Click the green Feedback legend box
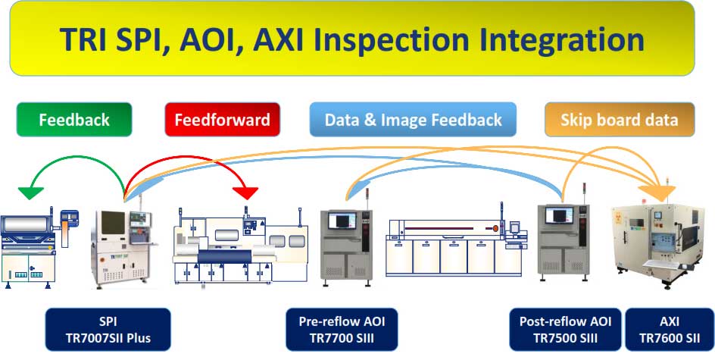74,120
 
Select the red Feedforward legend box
223,120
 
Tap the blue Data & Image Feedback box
413,120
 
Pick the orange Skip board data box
620,120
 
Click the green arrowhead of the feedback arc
30,193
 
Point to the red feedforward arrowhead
245,193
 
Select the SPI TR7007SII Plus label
108,330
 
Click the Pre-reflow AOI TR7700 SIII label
342,330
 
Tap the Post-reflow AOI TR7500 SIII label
566,330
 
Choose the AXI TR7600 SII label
670,330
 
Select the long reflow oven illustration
457,246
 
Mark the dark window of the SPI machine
113,222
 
